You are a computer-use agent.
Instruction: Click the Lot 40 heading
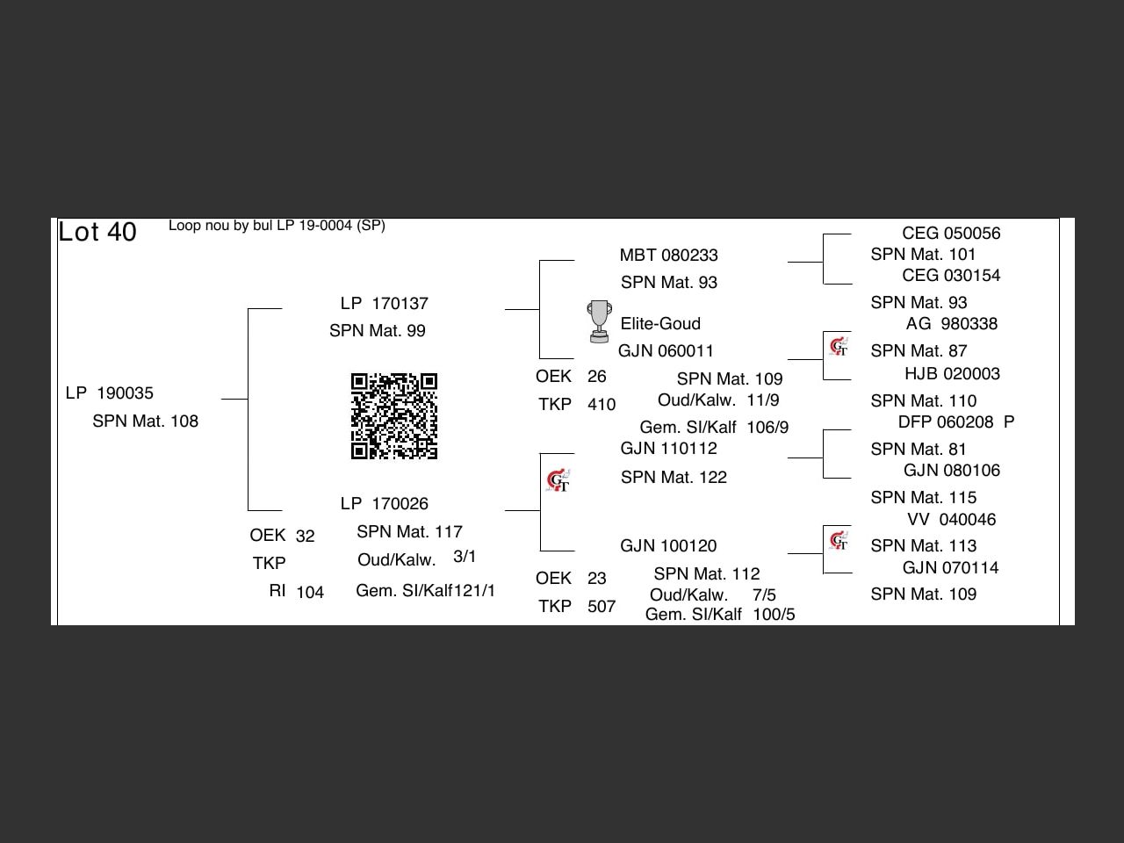[x=97, y=232]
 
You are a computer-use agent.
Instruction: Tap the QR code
[x=394, y=416]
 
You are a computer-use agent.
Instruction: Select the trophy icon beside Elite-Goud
[x=599, y=321]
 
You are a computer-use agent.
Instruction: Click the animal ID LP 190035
[x=110, y=393]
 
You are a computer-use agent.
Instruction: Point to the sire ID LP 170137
[x=385, y=304]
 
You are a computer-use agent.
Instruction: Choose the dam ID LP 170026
[x=385, y=504]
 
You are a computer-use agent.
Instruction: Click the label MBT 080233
[x=668, y=256]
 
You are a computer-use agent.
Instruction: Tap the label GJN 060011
[x=666, y=351]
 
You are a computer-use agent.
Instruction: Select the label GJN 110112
[x=668, y=449]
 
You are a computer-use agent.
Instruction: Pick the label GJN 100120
[x=668, y=546]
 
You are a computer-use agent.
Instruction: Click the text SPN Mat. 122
[x=674, y=478]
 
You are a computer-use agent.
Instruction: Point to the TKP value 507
[x=602, y=607]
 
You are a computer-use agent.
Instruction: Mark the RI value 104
[x=310, y=593]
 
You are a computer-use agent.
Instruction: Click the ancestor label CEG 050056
[x=951, y=234]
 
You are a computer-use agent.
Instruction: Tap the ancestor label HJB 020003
[x=952, y=374]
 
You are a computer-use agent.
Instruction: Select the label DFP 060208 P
[x=955, y=422]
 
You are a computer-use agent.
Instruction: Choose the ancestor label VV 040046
[x=951, y=520]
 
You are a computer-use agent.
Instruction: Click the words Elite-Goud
[x=660, y=324]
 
